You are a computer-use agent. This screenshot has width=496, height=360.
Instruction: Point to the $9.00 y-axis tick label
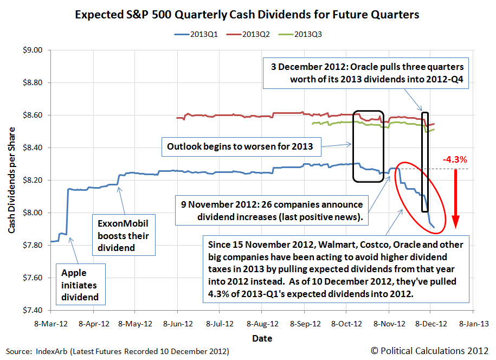33,50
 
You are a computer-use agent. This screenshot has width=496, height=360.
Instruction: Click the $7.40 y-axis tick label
33,310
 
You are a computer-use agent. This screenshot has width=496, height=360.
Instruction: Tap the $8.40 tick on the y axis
33,147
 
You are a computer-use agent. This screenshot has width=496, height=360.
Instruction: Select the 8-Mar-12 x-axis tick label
50,324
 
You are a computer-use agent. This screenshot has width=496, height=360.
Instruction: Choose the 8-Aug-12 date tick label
262,324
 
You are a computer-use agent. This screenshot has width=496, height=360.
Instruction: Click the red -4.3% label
455,159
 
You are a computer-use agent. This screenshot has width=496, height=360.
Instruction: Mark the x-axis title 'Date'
262,338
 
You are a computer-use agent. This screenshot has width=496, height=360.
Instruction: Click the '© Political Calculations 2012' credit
434,351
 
